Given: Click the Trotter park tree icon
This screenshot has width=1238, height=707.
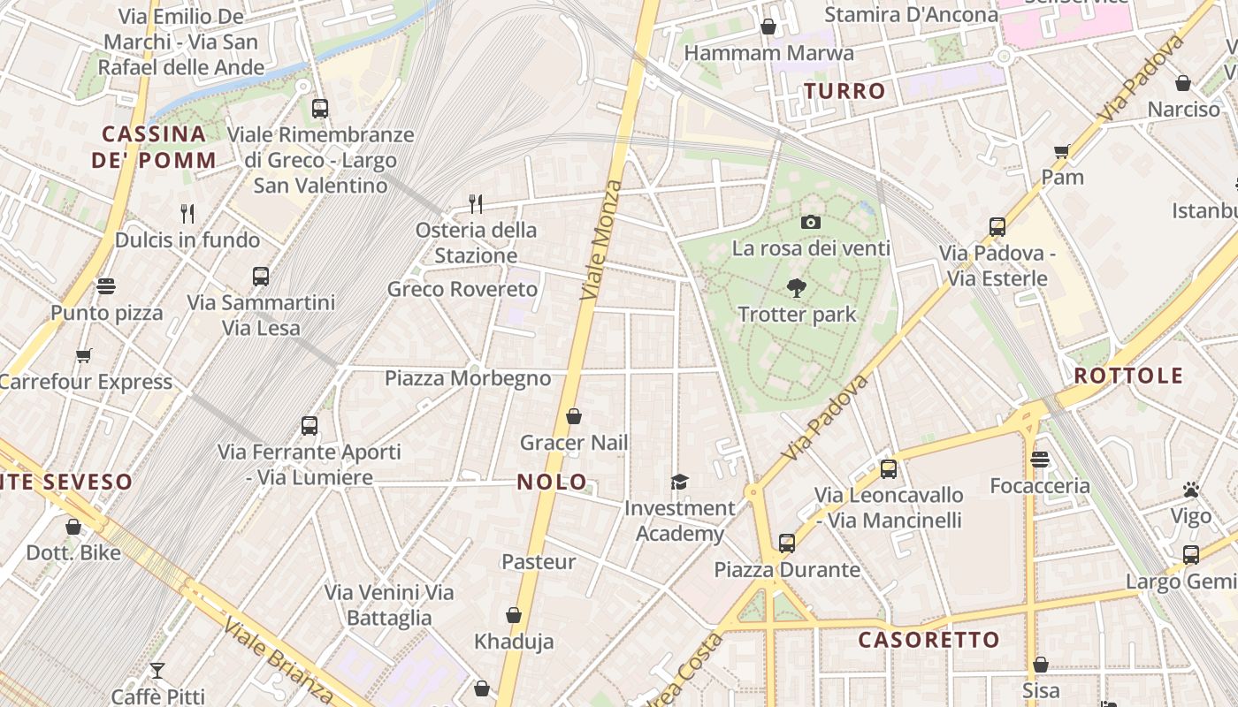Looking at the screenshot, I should click(x=797, y=287).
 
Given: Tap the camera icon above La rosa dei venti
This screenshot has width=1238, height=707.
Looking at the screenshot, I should click(x=810, y=222).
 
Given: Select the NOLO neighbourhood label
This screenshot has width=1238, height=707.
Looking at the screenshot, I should click(x=552, y=482).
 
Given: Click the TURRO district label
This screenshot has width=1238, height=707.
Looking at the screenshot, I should click(x=844, y=91).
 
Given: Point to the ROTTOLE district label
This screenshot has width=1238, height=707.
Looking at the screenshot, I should click(x=1127, y=376).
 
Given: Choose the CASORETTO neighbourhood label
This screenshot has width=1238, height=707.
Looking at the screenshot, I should click(x=928, y=640).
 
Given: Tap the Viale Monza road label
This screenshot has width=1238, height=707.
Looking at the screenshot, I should click(x=601, y=240).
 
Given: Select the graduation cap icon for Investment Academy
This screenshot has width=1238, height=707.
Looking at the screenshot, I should click(x=679, y=482).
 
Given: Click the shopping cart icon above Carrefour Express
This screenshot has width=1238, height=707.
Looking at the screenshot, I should click(x=84, y=355).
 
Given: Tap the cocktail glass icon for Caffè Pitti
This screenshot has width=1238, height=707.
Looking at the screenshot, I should click(x=157, y=671).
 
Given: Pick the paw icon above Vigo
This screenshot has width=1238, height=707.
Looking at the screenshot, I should click(x=1190, y=490).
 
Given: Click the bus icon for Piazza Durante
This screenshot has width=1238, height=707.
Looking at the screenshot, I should click(x=787, y=544).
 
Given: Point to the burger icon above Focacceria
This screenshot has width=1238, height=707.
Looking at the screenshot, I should click(x=1039, y=460).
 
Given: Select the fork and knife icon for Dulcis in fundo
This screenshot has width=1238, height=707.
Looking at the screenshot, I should click(x=187, y=213).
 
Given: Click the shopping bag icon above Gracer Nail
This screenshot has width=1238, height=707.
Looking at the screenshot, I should click(x=574, y=416).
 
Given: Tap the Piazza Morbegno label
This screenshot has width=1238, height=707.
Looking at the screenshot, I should click(x=468, y=378).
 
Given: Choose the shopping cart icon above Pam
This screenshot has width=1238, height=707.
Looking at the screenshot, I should click(x=1062, y=151).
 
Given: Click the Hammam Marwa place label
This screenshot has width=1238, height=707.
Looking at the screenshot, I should click(x=768, y=53).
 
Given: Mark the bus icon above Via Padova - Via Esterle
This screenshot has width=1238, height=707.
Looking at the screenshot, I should click(x=997, y=227).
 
